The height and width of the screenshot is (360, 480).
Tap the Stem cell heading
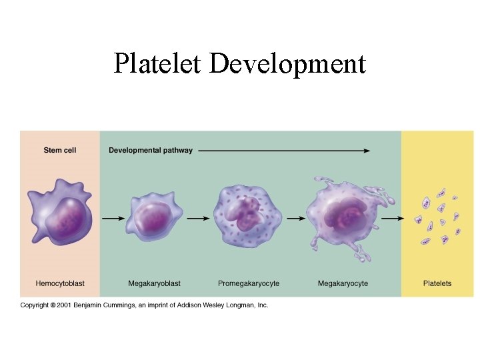pyautogui.click(x=60, y=150)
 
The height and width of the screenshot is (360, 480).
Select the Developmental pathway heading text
pyautogui.click(x=151, y=150)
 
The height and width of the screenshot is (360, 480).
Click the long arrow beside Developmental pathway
pyautogui.click(x=283, y=151)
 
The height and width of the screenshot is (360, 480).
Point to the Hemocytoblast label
pyautogui.click(x=60, y=283)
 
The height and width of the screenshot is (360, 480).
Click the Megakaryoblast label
pyautogui.click(x=154, y=283)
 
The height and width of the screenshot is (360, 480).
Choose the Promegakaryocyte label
pyautogui.click(x=249, y=283)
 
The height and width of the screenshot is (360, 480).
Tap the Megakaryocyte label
pyautogui.click(x=343, y=283)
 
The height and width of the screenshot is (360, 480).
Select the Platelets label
pyautogui.click(x=437, y=283)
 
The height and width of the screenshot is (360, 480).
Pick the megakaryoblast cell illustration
pyautogui.click(x=154, y=217)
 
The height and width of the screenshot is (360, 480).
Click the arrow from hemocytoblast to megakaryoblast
pyautogui.click(x=111, y=217)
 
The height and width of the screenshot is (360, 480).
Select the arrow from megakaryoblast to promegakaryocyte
pyautogui.click(x=198, y=217)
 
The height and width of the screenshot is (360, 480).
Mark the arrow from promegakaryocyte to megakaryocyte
pyautogui.click(x=294, y=217)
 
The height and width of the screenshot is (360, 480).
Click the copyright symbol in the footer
pyautogui.click(x=53, y=305)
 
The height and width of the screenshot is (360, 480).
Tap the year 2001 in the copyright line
pyautogui.click(x=65, y=305)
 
